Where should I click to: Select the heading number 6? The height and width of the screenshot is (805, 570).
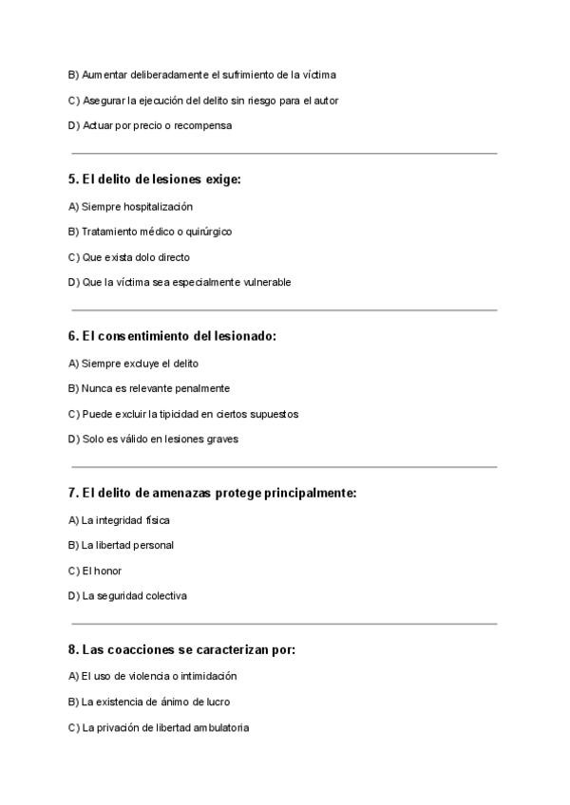[x=73, y=336]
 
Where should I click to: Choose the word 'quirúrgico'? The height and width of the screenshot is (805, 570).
[x=209, y=232]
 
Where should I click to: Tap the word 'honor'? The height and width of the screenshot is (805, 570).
[x=108, y=571]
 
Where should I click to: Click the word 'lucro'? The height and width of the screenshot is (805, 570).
[x=217, y=702]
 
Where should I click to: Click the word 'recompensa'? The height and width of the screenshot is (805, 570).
[x=202, y=125]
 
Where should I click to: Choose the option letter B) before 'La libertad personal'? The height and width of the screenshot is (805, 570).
[x=73, y=545]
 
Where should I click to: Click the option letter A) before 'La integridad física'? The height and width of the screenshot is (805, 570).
[x=73, y=520]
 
